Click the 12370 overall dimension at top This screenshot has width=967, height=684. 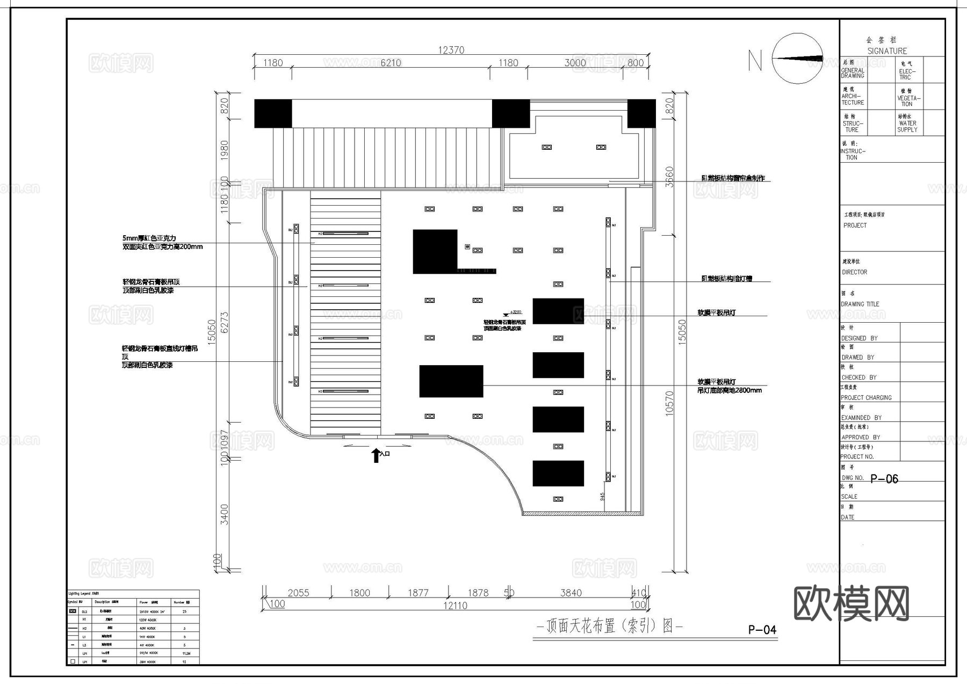pos(451,50)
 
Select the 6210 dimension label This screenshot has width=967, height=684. pos(391,63)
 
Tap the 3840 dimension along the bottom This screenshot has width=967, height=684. pos(571,593)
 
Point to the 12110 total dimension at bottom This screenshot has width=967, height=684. pos(454,606)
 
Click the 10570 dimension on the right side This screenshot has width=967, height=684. pos(669,403)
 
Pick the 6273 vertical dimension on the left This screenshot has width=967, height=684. pos(225,322)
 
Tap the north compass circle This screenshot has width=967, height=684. pos(797,59)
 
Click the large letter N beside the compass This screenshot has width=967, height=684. pos(755,60)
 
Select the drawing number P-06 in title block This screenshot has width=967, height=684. pos(884,479)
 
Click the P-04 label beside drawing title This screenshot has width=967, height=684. pos(762,630)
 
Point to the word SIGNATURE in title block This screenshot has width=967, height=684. pos(887,51)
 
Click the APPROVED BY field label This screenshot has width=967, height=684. pos(861,437)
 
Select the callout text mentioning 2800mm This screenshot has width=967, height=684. pos(729,390)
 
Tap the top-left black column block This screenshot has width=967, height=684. pos(273,113)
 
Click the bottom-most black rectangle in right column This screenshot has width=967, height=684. pos(558,474)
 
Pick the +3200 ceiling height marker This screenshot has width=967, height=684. pos(515,312)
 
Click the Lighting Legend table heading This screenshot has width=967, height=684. pos(82,594)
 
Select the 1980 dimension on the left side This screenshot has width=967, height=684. pos(225,150)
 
